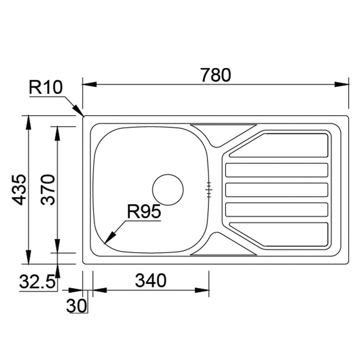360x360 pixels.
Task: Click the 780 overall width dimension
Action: pyautogui.click(x=216, y=75)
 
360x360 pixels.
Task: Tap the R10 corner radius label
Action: pyautogui.click(x=46, y=87)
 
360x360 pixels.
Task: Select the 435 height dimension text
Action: pyautogui.click(x=19, y=190)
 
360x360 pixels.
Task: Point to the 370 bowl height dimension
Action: pyautogui.click(x=48, y=190)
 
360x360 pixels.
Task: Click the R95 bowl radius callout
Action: pyautogui.click(x=144, y=212)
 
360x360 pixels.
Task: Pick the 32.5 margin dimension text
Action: pyautogui.click(x=37, y=281)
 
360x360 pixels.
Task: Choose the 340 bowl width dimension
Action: pyautogui.click(x=150, y=280)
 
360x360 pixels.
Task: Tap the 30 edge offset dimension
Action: pyautogui.click(x=77, y=306)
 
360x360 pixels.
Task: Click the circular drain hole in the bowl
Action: pyautogui.click(x=168, y=190)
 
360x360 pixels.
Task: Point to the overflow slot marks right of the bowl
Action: pyautogui.click(x=209, y=190)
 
